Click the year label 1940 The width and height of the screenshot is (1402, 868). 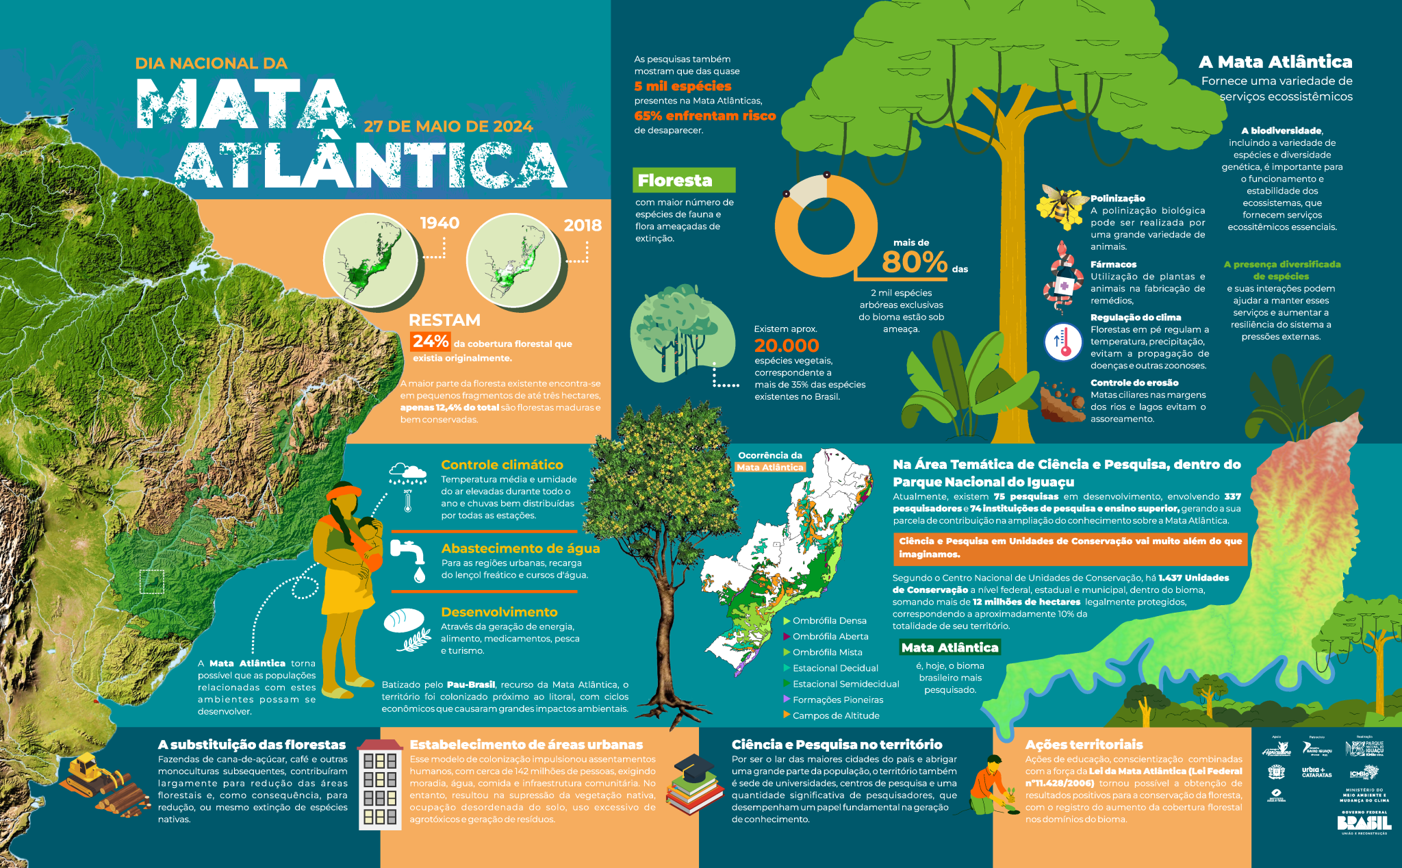click(439, 223)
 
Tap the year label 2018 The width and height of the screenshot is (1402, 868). click(583, 225)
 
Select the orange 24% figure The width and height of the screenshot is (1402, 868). click(430, 341)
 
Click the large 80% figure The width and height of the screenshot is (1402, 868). click(914, 261)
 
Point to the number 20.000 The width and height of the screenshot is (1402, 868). click(787, 346)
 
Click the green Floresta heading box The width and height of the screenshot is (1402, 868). click(683, 180)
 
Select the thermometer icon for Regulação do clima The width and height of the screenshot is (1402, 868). click(1062, 341)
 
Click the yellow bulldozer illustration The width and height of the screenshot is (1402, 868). click(89, 774)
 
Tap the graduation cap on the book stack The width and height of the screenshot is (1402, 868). click(693, 766)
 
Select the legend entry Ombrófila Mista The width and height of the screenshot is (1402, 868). click(827, 652)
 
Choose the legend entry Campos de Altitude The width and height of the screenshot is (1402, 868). click(835, 715)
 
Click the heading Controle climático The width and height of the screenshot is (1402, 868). click(502, 465)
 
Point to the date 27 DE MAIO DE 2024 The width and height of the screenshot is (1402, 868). click(448, 127)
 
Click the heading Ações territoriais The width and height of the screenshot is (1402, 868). click(1084, 744)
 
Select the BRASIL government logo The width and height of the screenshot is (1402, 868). click(1363, 822)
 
